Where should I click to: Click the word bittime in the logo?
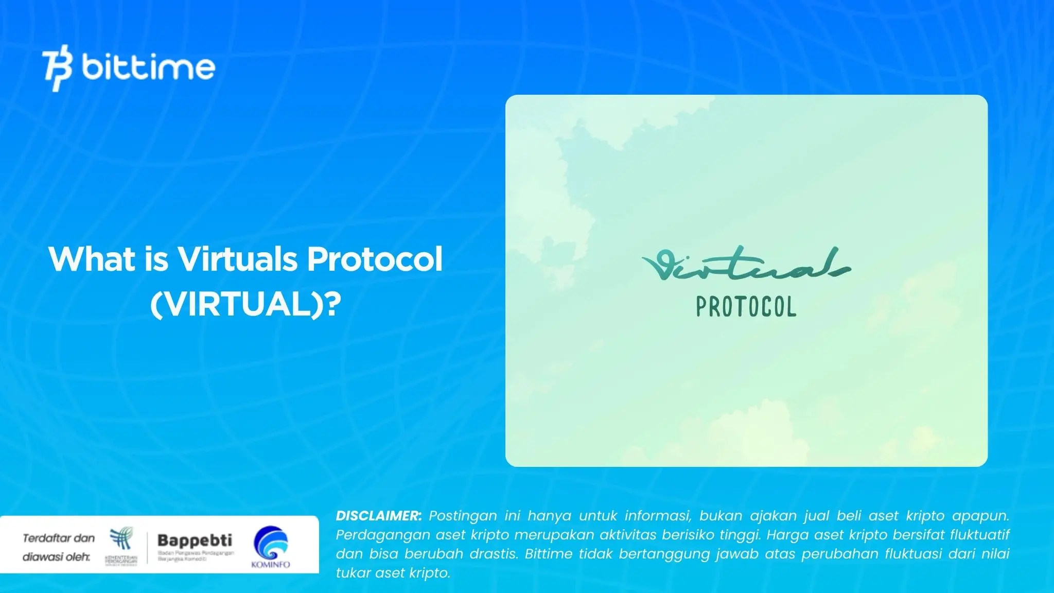pyautogui.click(x=148, y=67)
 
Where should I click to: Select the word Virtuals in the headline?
pyautogui.click(x=237, y=259)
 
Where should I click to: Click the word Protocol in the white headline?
pyautogui.click(x=375, y=259)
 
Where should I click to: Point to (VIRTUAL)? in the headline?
pyautogui.click(x=245, y=304)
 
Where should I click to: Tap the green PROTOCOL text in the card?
pyautogui.click(x=746, y=307)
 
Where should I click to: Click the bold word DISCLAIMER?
pyautogui.click(x=379, y=516)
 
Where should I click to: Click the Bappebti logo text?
pyautogui.click(x=195, y=540)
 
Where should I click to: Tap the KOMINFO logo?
pyautogui.click(x=271, y=547)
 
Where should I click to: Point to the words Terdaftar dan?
pyautogui.click(x=59, y=538)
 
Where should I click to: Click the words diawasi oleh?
pyautogui.click(x=56, y=557)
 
